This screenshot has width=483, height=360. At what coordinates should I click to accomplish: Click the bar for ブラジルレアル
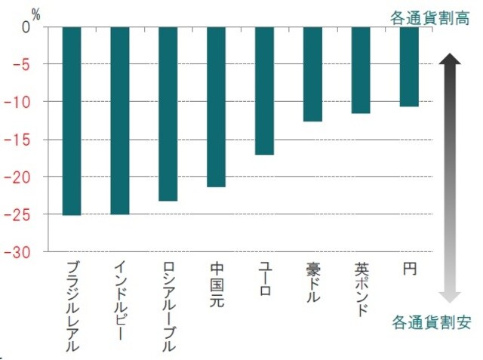click(x=72, y=121)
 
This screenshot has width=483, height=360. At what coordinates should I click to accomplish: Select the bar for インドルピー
click(x=120, y=121)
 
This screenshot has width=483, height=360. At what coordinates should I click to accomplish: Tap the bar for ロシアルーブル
click(x=168, y=114)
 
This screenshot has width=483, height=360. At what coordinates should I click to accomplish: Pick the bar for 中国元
click(x=217, y=107)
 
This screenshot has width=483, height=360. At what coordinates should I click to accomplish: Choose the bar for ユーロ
click(x=264, y=91)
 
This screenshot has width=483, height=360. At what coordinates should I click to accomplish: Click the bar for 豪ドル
click(x=312, y=74)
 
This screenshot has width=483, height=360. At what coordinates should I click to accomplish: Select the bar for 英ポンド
click(x=361, y=70)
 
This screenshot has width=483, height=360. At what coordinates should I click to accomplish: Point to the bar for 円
click(x=409, y=66)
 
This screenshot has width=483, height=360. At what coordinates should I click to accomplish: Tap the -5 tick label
click(x=22, y=64)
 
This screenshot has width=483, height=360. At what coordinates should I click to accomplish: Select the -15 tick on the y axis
click(x=19, y=140)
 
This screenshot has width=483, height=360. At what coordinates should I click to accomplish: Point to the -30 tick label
click(x=19, y=252)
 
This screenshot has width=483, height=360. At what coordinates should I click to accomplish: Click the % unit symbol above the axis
click(x=35, y=13)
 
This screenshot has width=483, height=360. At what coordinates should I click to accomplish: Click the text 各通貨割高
click(x=430, y=18)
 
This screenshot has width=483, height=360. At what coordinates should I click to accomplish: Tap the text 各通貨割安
click(x=431, y=323)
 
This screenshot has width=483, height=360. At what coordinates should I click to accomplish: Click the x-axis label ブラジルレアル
click(x=72, y=306)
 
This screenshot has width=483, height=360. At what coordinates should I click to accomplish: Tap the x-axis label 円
click(x=410, y=269)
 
